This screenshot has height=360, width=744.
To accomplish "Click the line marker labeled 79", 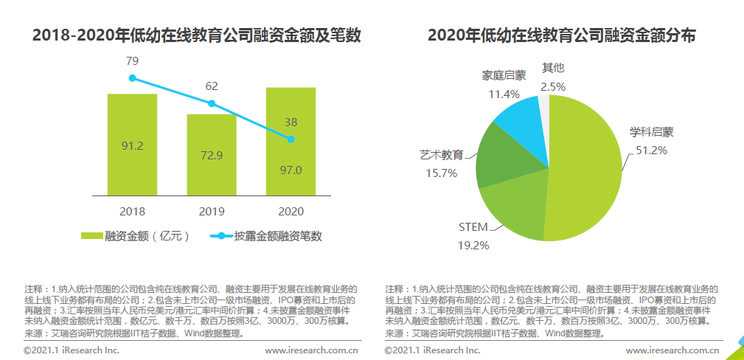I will pyautogui.click(x=133, y=77).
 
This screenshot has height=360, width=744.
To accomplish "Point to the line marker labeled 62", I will pyautogui.click(x=212, y=104).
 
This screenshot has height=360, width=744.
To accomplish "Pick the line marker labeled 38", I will pyautogui.click(x=291, y=139).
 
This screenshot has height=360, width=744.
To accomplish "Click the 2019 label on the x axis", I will pyautogui.click(x=212, y=211).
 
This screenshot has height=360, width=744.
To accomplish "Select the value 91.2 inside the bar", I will pyautogui.click(x=132, y=146).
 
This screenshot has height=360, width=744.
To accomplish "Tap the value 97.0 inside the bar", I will pyautogui.click(x=291, y=170).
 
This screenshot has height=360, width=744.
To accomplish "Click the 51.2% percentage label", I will pyautogui.click(x=651, y=150).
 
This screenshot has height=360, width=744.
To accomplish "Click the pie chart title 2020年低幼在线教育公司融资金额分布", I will pyautogui.click(x=561, y=35).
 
